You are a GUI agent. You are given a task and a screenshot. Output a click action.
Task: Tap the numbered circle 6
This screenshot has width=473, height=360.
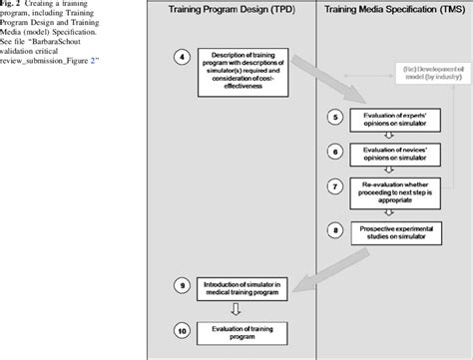click(335, 153)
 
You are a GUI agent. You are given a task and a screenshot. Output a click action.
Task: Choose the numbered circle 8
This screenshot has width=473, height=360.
click(335, 228)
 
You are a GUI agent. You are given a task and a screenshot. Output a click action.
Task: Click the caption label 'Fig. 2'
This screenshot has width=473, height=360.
click(9, 4)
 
